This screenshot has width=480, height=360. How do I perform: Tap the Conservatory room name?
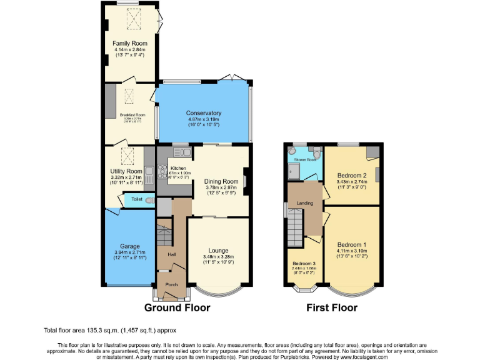coord(204,113)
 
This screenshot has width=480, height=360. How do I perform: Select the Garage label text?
coord(130,246)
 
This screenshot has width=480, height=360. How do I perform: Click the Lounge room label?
coord(218,251)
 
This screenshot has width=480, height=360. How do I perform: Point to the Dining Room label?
coord(221,182)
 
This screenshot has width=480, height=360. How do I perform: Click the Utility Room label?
coord(126,171)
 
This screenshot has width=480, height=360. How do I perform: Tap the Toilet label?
coord(137,199)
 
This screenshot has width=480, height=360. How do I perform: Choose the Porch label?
coord(171,284)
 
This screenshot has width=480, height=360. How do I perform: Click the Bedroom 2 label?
coord(351,176)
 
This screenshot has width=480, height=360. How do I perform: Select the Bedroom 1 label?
coord(351,244)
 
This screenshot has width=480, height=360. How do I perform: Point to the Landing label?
coord(304,203)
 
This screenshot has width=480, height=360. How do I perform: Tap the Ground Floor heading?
coord(177,307)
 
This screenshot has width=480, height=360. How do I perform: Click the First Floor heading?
coord(331,307)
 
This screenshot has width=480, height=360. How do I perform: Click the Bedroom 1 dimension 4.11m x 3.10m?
coord(351,251)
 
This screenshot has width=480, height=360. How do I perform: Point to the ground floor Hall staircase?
coord(164,237)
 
